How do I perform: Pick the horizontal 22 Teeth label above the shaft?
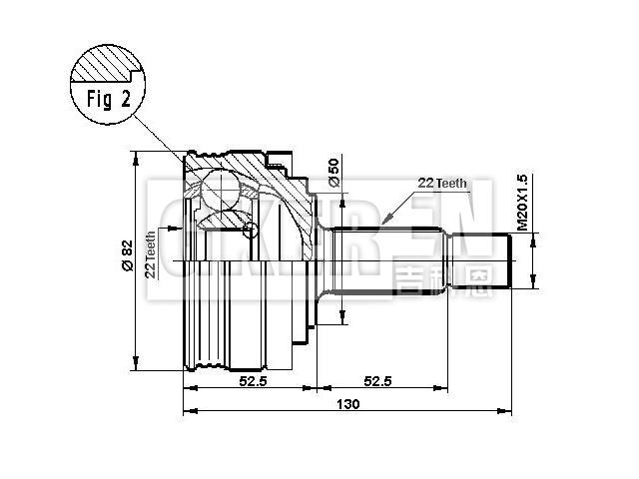(442, 183)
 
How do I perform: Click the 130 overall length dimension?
(346, 404)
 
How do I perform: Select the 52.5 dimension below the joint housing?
(250, 381)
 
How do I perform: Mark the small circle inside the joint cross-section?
(252, 231)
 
